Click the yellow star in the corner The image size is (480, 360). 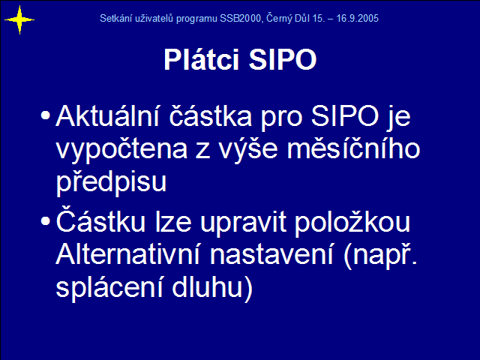pos(19,20)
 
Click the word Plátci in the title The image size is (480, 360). pos(201,59)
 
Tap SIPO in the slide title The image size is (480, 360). pos(283,59)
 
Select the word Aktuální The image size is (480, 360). pos(107,115)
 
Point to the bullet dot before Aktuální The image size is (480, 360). pos(45,115)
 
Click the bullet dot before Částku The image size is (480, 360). pos(45,221)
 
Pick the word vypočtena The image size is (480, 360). pos(121,150)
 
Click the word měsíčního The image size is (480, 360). pos(353,148)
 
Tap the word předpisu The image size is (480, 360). pos(111,181)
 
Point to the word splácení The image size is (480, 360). pos(109,288)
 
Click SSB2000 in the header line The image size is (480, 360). pos(241,18)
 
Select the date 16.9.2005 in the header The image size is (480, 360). pos(358,18)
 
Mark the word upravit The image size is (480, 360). pos(243,223)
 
